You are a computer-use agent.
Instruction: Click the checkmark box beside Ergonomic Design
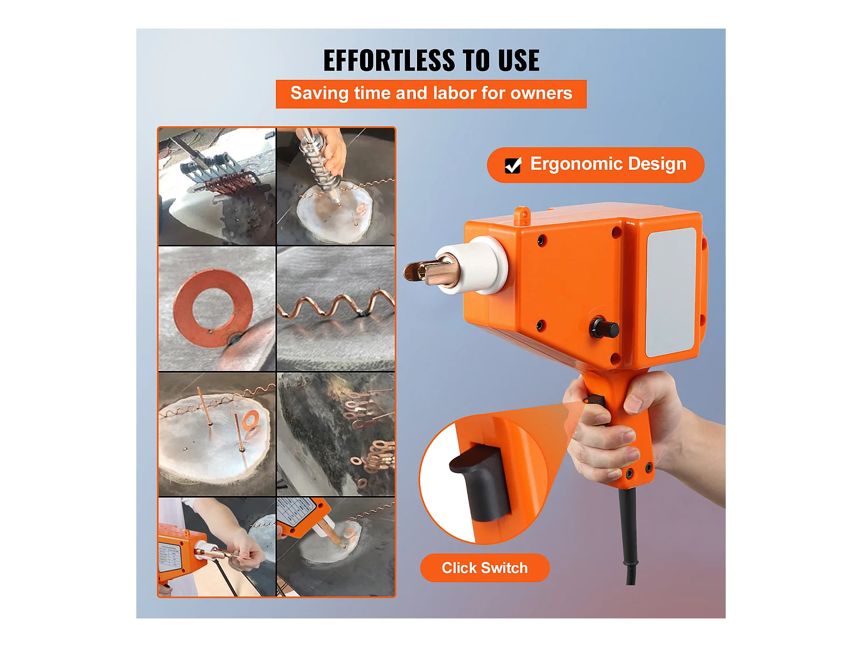512,165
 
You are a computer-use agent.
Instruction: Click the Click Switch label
484,568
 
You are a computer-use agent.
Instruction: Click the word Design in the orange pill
657,164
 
